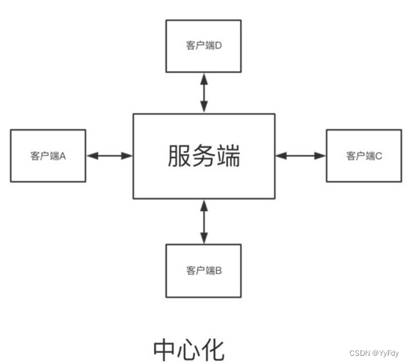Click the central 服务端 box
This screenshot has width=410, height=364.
coord(204,156)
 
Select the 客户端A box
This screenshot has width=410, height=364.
coord(48,156)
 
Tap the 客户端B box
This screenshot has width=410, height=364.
coord(204,270)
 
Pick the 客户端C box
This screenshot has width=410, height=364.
coord(363,156)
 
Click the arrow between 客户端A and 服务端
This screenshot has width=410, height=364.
coord(109,156)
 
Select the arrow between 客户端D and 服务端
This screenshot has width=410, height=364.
coord(204,92)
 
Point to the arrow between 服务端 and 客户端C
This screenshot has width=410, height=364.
coord(300,156)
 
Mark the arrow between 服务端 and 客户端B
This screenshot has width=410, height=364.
coord(204,222)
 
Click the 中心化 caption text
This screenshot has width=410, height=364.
coord(188,350)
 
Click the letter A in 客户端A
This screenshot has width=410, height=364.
coord(64,156)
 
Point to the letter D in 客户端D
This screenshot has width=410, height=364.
coord(219,45)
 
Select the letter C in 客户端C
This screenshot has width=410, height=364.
coord(378,156)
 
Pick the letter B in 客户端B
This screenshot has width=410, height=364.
coord(219,270)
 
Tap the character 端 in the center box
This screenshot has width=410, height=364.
coord(228,156)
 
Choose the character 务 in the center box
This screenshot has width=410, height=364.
coord(205,156)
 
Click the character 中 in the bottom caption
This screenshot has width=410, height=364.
coord(165,350)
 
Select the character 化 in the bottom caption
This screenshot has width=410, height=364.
coord(212,350)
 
